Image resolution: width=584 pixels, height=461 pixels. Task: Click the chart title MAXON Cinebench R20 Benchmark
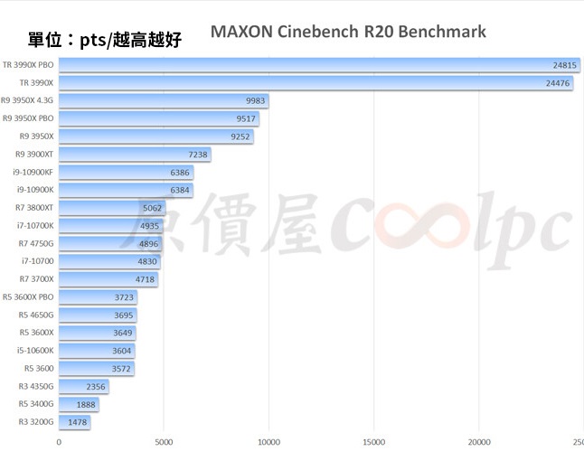(348, 32)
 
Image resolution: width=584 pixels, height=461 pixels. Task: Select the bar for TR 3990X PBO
(316, 65)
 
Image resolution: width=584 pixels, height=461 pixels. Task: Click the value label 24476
(558, 83)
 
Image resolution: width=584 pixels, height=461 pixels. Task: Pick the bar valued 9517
(159, 118)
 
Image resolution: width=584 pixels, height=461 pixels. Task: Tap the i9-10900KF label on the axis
(33, 172)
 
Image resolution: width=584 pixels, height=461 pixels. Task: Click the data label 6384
(180, 190)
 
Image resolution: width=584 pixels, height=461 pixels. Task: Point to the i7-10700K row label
(35, 225)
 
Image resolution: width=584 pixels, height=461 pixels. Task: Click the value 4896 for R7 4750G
(148, 243)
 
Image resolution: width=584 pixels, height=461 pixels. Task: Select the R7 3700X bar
(108, 279)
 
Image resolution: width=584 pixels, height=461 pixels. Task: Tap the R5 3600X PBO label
(28, 296)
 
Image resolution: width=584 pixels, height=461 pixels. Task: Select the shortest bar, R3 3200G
(74, 422)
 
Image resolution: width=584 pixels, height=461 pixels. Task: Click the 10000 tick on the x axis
(268, 442)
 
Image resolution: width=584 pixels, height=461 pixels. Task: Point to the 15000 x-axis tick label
(373, 442)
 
